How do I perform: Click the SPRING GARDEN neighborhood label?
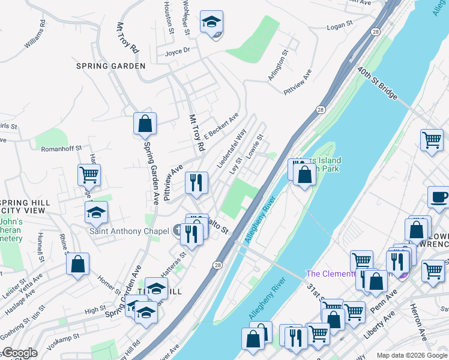(110, 65)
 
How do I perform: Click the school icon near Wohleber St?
(211, 22)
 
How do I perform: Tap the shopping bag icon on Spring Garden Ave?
(145, 124)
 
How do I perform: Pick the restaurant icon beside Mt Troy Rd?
(196, 183)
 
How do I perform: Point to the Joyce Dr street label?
(177, 51)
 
